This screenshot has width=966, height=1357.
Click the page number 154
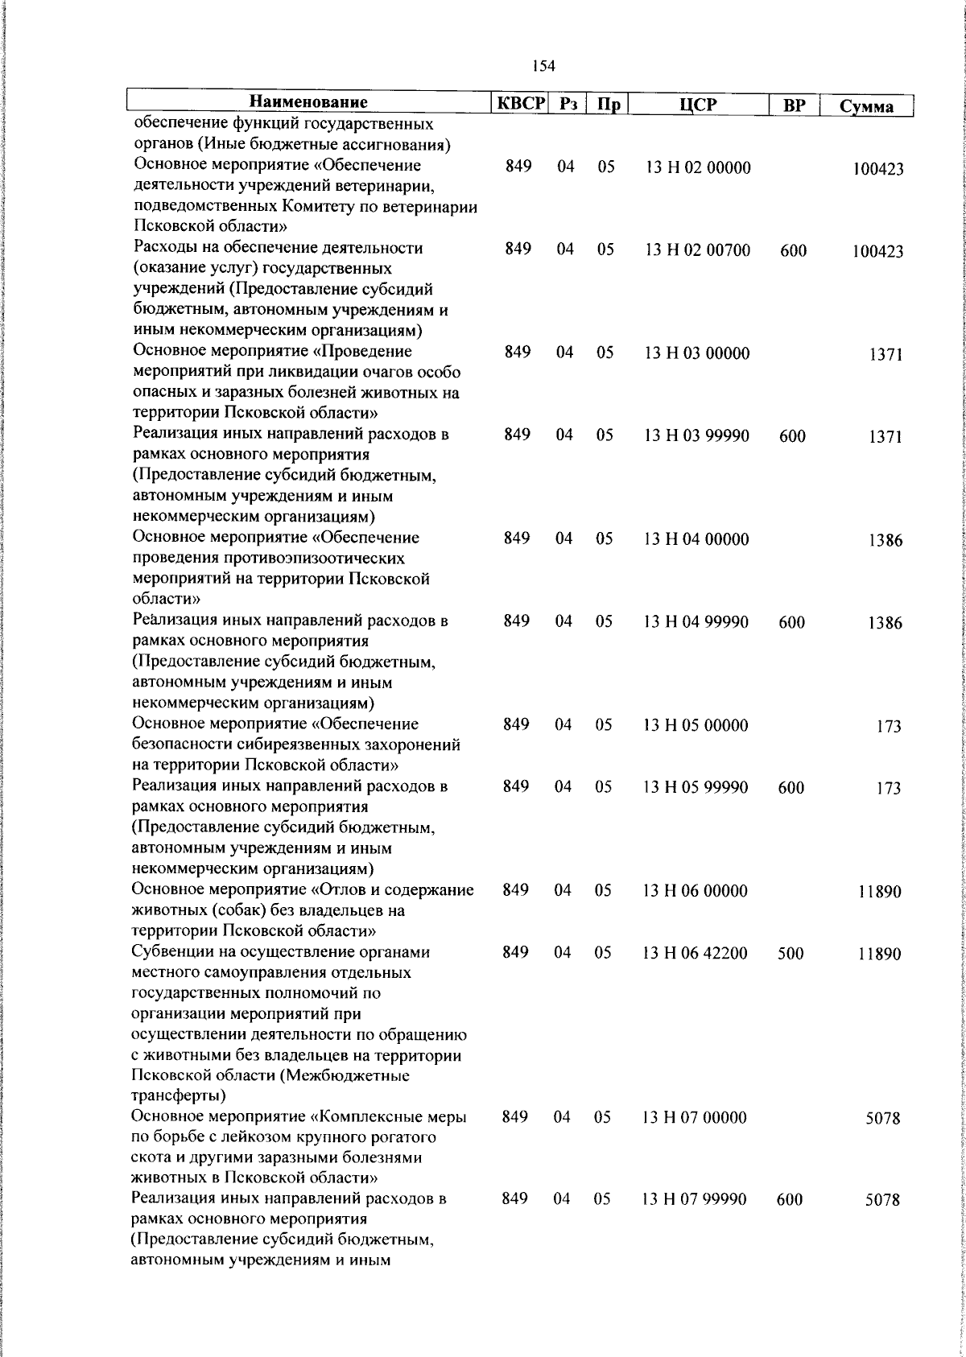543,66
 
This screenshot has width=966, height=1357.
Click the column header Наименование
308,102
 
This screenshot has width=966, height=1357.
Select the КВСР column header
521,104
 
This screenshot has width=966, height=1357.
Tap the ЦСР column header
697,105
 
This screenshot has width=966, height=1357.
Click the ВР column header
794,105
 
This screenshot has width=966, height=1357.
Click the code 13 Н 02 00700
697,250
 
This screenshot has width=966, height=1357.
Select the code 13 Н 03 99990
696,435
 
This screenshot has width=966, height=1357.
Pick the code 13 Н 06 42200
695,953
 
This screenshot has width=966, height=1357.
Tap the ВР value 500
791,954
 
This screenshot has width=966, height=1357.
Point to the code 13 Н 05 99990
695,786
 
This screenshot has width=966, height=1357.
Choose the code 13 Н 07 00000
694,1117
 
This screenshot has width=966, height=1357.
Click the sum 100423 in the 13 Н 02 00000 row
878,169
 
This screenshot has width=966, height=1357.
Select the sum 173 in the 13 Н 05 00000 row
889,727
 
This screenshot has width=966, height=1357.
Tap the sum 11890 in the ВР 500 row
879,955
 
